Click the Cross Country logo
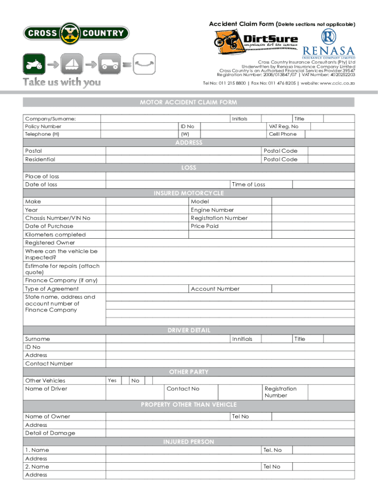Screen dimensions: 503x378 point(76,33)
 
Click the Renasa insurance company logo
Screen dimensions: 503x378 point(328,44)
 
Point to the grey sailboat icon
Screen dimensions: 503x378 point(72,64)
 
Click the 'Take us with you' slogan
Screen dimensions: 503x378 point(62,82)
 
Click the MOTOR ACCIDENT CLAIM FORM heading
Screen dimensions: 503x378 point(189,102)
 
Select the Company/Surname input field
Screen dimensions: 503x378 point(165,119)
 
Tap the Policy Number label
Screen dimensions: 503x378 point(43,126)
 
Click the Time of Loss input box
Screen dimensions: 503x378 point(323,184)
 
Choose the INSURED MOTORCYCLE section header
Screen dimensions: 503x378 point(189,193)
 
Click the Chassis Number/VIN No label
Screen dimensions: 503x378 point(57,218)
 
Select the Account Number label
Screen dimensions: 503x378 point(215,289)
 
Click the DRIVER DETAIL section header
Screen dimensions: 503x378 point(189,330)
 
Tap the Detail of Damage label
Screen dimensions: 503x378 point(50,433)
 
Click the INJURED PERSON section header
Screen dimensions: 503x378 point(189,442)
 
